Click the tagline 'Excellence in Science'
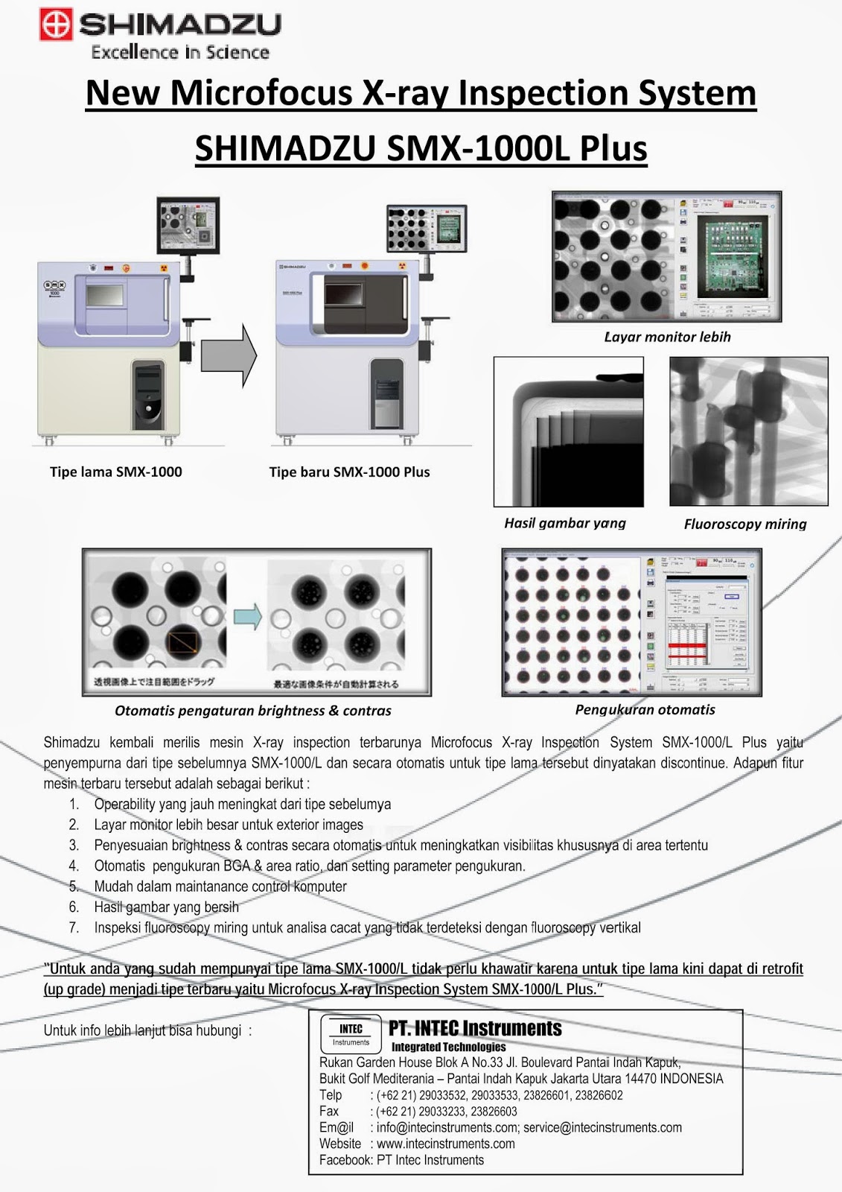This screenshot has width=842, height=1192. tap(179, 52)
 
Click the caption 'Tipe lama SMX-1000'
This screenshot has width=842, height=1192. tap(115, 472)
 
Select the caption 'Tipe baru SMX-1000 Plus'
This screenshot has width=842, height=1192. tap(349, 472)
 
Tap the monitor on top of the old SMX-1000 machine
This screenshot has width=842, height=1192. tap(188, 226)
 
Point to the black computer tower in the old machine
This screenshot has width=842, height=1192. tap(147, 395)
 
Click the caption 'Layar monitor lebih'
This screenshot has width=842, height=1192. tap(667, 337)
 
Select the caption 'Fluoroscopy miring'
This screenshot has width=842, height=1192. tap(744, 524)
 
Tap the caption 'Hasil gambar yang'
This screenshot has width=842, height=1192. tap(565, 523)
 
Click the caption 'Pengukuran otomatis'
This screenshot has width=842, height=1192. tap(645, 710)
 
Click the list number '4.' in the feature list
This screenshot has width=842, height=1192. tap(74, 866)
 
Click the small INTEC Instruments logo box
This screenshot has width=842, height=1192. tap(351, 1035)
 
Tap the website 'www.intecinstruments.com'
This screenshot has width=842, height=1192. tap(445, 1144)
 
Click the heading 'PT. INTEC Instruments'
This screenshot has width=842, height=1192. tap(475, 1029)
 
